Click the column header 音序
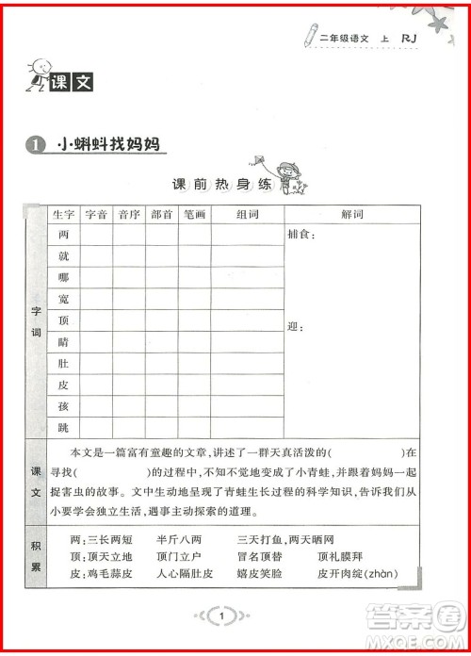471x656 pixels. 129,214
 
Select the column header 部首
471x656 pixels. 161,214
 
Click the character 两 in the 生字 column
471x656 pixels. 64,234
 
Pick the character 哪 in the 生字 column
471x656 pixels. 64,277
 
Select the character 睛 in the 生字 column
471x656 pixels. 64,341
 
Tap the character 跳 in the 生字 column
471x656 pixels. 64,427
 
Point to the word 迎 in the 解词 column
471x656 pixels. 293,327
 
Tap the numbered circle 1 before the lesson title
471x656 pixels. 35,145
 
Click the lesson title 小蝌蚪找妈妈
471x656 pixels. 108,145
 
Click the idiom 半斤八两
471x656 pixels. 179,540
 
